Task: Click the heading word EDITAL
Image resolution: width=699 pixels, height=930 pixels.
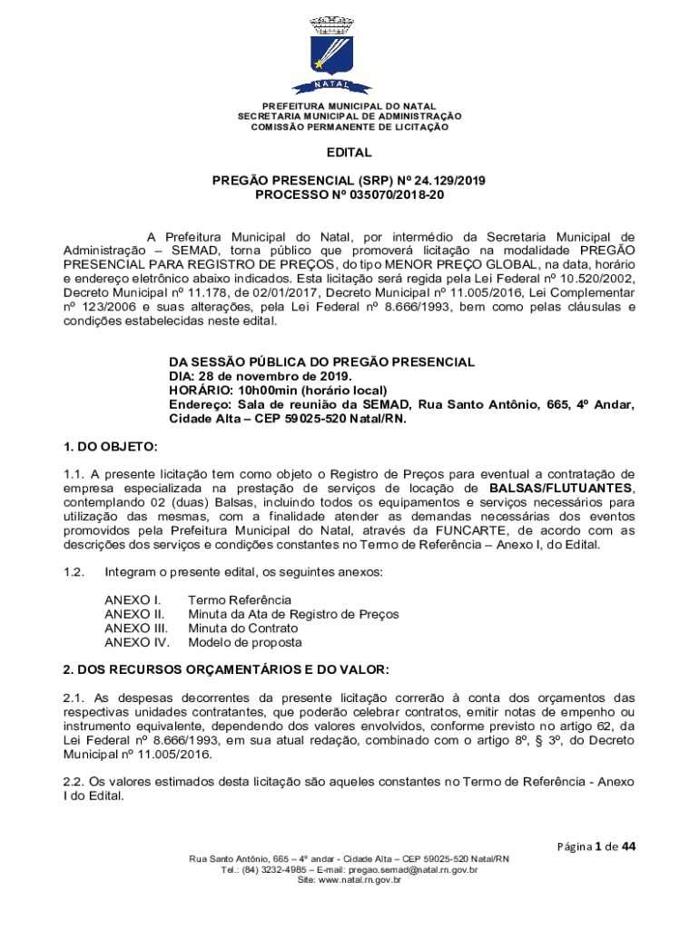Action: (x=349, y=153)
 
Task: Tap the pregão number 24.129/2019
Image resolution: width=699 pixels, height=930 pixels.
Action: (x=447, y=181)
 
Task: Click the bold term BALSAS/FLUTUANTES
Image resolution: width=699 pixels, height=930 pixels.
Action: (x=561, y=490)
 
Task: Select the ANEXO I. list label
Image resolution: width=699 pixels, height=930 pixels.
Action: (x=133, y=599)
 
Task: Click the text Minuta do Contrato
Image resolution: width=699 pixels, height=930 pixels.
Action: (x=242, y=628)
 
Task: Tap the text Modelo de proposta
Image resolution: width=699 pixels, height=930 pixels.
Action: (x=244, y=642)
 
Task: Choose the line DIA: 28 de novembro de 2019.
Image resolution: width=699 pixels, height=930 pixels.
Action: (x=261, y=376)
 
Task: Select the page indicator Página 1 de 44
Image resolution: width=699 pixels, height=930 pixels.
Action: (x=596, y=846)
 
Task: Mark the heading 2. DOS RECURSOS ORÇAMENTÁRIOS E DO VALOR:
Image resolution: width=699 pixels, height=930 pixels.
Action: (x=225, y=669)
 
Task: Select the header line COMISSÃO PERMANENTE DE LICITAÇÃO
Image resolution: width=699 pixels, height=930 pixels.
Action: (x=349, y=127)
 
